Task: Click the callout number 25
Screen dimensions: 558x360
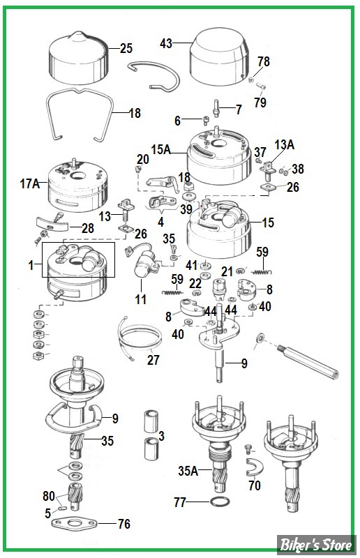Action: (x=126, y=49)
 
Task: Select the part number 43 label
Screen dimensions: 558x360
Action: (x=165, y=43)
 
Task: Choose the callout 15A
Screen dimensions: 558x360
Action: (x=161, y=149)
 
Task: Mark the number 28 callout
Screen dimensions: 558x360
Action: (x=87, y=229)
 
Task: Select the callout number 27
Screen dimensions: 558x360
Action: (x=153, y=360)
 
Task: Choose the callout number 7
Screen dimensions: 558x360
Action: (x=238, y=110)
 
